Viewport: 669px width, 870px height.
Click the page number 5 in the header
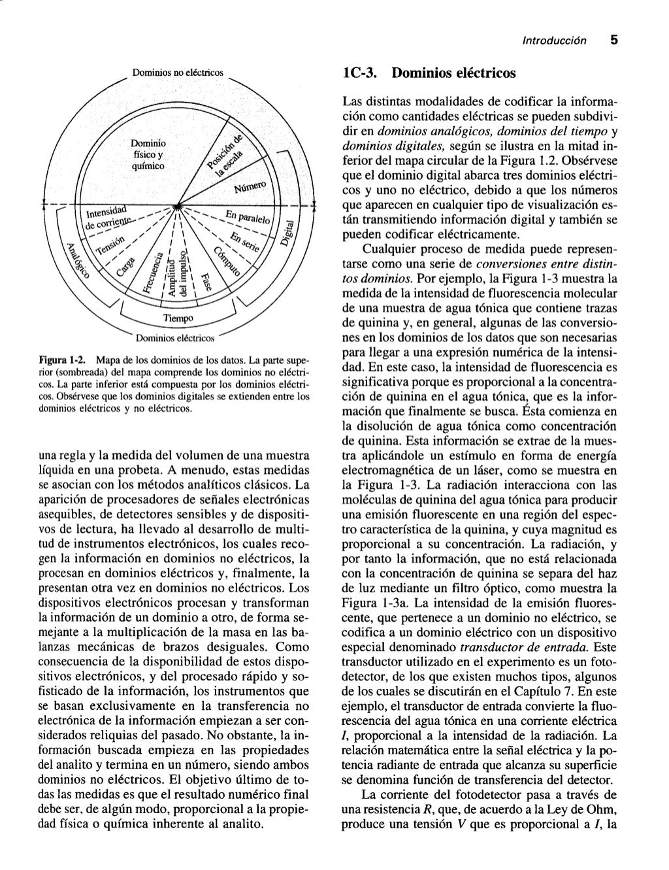pyautogui.click(x=613, y=39)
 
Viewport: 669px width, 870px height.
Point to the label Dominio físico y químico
pyautogui.click(x=148, y=154)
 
